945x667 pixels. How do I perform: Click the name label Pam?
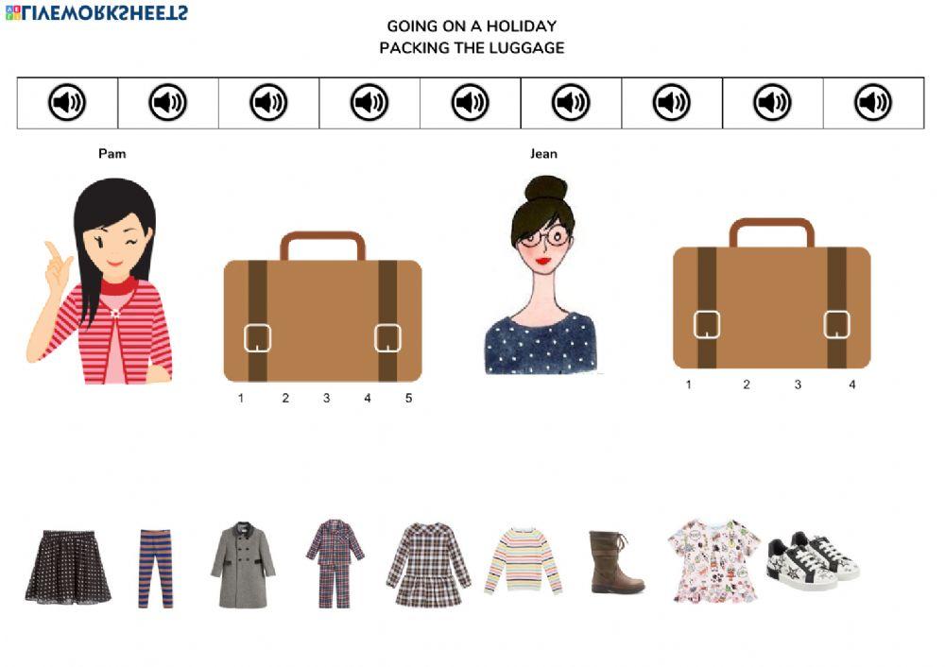pos(112,153)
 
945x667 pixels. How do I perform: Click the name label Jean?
pos(543,153)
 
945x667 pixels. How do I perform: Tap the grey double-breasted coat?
pos(243,564)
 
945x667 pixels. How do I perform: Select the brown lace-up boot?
pos(615,562)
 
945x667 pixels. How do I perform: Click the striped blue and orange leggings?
pos(156,568)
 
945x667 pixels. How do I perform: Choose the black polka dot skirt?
pos(68,567)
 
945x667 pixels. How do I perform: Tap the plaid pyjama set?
pos(335,562)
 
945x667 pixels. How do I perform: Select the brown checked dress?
pos(428,565)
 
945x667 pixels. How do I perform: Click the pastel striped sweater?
pos(523,561)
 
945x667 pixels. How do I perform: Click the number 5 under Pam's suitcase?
pos(408,399)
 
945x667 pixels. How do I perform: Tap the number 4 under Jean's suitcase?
pos(851,385)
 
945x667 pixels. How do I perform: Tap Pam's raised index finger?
pos(53,251)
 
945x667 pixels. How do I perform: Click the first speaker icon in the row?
pos(67,102)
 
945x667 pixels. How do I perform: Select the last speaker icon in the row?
pos(873,102)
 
